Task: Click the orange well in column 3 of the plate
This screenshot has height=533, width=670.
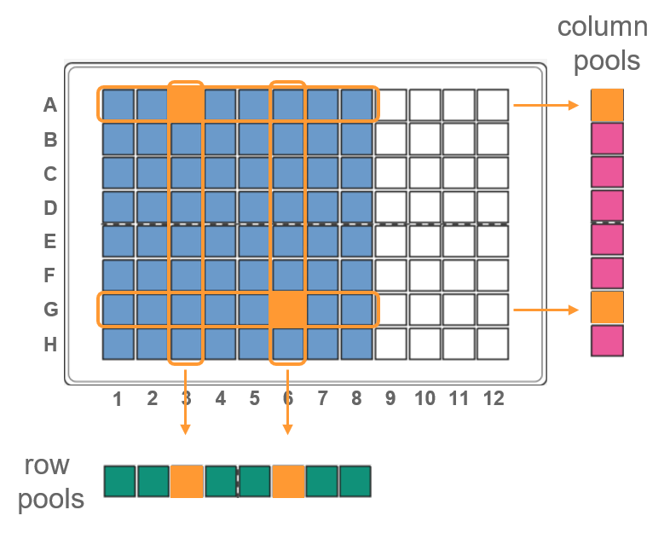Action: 186,104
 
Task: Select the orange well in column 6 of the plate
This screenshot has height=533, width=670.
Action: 288,309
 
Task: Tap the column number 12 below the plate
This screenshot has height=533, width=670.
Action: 493,398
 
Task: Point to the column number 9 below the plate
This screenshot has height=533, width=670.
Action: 390,398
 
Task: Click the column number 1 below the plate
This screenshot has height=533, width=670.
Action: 118,398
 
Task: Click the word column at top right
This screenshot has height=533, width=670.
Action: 602,26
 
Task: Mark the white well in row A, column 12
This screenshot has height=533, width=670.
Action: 493,105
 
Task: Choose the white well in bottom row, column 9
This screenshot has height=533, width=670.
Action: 390,344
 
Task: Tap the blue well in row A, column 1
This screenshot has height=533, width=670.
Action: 118,105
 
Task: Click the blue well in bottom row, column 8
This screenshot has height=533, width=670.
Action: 357,344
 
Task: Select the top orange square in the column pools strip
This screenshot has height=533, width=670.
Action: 607,105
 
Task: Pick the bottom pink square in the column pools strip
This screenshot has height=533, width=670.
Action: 607,340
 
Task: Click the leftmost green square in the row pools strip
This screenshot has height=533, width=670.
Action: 120,481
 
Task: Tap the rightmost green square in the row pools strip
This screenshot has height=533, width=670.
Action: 355,481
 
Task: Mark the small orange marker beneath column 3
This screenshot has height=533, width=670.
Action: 186,429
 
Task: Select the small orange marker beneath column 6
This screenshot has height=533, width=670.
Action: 288,429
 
